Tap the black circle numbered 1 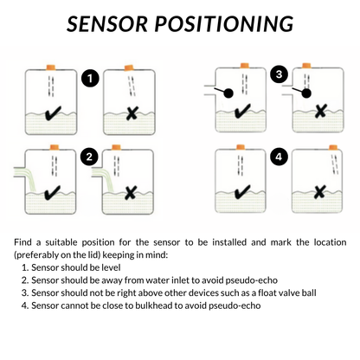88,79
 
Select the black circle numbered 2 88,157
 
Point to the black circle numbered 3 278,74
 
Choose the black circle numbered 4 278,157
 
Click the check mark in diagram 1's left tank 52,112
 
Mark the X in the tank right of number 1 132,112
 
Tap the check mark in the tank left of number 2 52,191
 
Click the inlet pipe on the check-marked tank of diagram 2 15,178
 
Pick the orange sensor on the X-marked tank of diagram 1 129,66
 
